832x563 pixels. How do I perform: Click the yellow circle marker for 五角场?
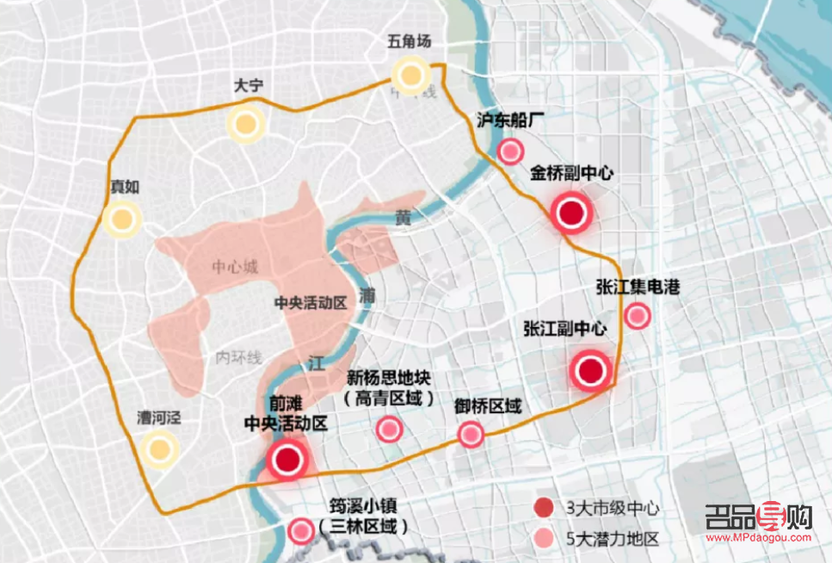(411, 76)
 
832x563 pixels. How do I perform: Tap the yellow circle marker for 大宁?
(246, 124)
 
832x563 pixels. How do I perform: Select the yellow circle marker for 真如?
(122, 220)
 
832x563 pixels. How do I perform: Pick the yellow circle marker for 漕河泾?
(159, 449)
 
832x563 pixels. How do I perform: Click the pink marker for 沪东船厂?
(511, 152)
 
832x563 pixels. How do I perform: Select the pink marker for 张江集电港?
(637, 317)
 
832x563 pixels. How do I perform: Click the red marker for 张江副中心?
(591, 371)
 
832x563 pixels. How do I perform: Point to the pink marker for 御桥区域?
(471, 434)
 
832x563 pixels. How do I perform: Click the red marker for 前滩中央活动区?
(287, 460)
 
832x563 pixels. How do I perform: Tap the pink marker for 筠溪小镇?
(301, 531)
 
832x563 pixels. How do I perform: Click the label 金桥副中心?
(572, 172)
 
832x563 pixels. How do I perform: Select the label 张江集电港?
(638, 287)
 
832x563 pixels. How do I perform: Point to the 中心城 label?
(234, 268)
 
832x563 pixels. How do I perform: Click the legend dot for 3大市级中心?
(543, 508)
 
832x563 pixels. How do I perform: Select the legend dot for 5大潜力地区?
(543, 540)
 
